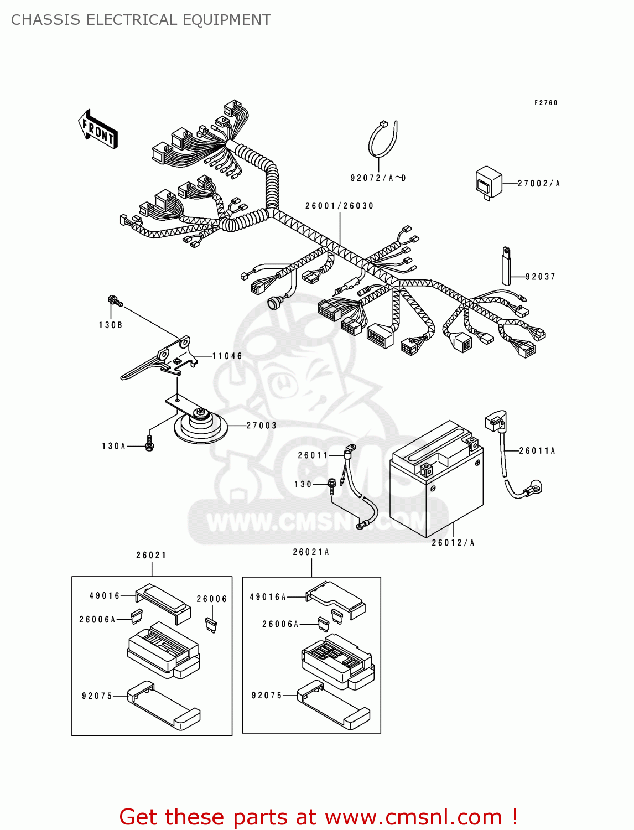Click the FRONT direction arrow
click(98, 129)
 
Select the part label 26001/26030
click(339, 206)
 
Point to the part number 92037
click(540, 277)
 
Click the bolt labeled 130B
click(115, 302)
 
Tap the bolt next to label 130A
click(149, 443)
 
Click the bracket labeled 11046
click(160, 360)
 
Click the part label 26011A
click(537, 451)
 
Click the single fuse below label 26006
click(211, 625)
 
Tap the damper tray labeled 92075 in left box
click(163, 705)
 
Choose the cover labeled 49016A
click(335, 599)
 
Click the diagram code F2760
click(545, 103)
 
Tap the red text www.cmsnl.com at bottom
click(413, 817)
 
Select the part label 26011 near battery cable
click(313, 455)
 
